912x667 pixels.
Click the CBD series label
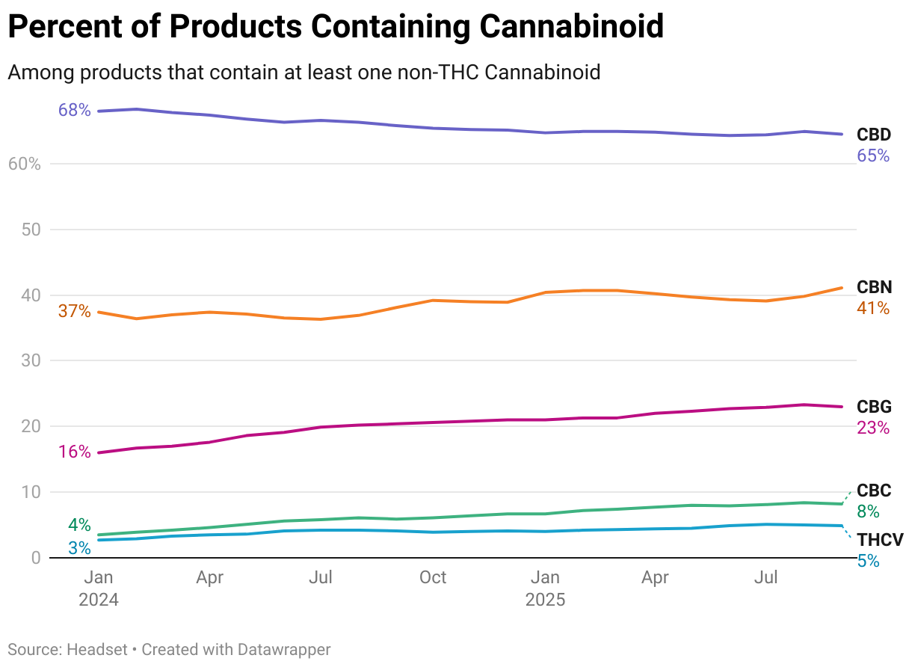874,135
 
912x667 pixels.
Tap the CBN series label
874,288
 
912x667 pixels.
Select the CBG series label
874,408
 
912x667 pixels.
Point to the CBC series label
874,491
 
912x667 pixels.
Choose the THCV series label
880,540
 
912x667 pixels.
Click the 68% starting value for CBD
74,111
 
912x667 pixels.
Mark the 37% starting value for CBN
74,311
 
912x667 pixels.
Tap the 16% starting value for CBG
74,452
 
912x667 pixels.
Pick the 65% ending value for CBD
873,156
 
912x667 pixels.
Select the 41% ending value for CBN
873,308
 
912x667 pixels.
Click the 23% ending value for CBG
873,428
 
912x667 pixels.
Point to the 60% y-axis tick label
24,164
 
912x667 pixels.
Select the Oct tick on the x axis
433,578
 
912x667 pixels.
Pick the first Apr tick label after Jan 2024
210,578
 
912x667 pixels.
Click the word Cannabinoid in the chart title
571,27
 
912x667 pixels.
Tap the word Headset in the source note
97,650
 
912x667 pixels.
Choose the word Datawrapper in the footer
284,650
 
